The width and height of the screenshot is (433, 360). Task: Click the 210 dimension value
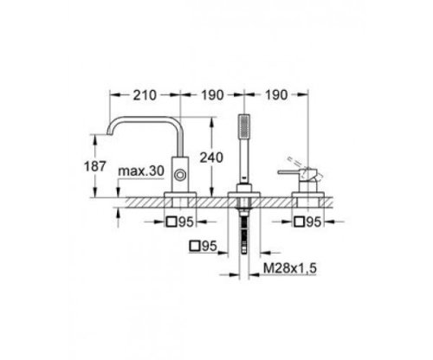(145, 95)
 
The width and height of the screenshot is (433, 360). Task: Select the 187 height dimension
(95, 166)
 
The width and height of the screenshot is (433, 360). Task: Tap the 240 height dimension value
(211, 157)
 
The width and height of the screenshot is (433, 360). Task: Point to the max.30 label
(141, 171)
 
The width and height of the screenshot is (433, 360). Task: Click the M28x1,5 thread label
(290, 268)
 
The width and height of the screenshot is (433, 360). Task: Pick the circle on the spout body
(180, 175)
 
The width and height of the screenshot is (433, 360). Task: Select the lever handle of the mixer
(289, 172)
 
